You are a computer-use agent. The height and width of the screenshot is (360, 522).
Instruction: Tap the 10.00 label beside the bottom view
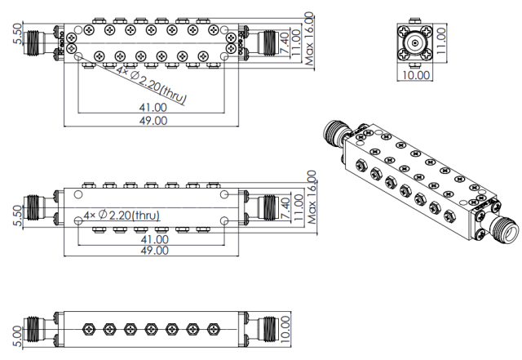click(x=285, y=331)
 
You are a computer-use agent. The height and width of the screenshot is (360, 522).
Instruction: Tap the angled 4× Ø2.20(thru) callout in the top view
click(x=152, y=87)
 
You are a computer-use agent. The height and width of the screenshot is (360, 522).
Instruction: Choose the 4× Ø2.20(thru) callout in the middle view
click(x=121, y=216)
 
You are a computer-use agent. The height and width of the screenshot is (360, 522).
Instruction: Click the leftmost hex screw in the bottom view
click(x=87, y=330)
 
